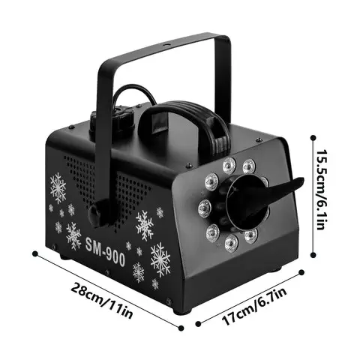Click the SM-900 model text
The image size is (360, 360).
105,252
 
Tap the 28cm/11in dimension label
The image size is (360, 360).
102,300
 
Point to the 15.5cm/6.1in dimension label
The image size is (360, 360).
322,190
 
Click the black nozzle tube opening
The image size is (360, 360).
246,202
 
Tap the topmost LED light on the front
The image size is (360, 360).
229,165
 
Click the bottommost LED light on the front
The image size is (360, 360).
231,242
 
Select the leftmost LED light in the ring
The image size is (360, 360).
205,208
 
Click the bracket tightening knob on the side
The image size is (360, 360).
96,214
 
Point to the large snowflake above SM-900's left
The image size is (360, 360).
58,188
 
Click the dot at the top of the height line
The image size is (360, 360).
313,138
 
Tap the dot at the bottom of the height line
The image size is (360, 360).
313,255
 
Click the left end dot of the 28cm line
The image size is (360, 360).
35,254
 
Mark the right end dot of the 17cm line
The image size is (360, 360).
301,272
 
